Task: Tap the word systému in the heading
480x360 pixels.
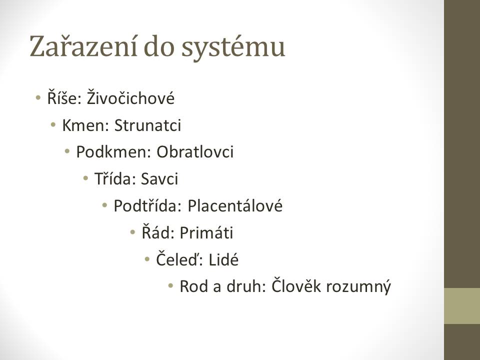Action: click(233, 47)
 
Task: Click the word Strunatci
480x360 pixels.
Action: click(147, 125)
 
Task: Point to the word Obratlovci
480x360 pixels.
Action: click(195, 152)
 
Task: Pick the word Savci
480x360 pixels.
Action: click(159, 179)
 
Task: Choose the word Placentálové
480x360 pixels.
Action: click(235, 205)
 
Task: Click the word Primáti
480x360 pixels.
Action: click(206, 232)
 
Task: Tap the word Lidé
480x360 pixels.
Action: click(223, 259)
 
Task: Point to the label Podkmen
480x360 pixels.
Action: click(113, 152)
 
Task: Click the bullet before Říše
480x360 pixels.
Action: click(38, 98)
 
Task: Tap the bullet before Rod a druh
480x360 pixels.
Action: click(171, 286)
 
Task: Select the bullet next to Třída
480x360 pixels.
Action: click(85, 178)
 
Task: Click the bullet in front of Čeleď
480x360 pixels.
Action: click(147, 259)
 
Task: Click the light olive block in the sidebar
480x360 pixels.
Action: click(462, 306)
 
